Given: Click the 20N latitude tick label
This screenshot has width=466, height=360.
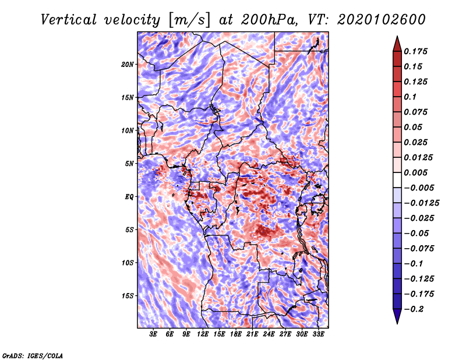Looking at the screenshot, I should [128, 64].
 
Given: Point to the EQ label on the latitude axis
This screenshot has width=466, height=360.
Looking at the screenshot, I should [129, 196].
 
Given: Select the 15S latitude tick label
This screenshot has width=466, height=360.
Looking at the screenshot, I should [128, 295].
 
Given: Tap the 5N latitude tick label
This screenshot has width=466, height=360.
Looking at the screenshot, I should [129, 163].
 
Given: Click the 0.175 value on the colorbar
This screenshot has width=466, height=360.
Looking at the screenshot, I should [416, 51].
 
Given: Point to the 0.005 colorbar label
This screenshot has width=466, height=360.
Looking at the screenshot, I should [416, 172].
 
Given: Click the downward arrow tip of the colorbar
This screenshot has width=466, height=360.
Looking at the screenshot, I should [397, 322].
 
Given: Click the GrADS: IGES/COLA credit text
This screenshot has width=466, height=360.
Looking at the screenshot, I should [33, 355].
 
